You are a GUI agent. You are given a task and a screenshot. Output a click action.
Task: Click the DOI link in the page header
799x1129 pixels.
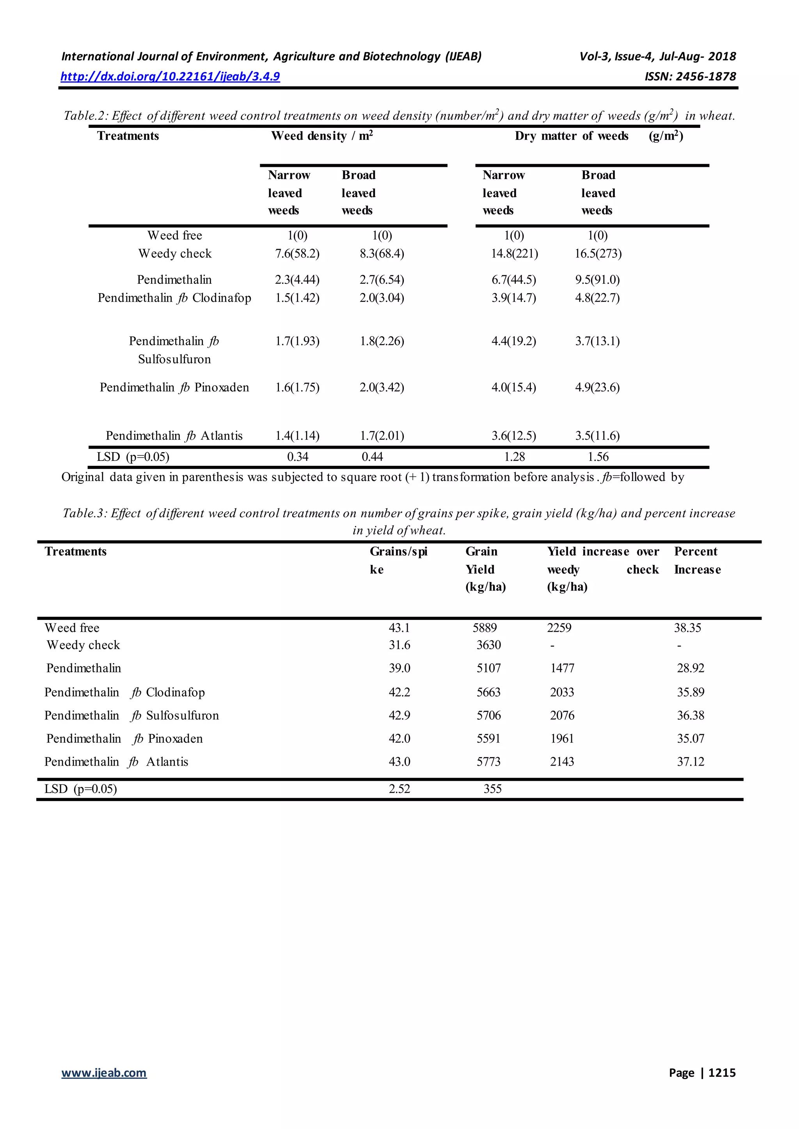pyautogui.click(x=170, y=77)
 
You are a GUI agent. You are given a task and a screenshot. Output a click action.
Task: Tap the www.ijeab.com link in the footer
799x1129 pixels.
pyautogui.click(x=104, y=1072)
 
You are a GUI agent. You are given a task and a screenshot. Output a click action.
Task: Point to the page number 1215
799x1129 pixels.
pyautogui.click(x=722, y=1072)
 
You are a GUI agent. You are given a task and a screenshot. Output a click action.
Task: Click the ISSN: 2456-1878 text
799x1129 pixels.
pyautogui.click(x=690, y=77)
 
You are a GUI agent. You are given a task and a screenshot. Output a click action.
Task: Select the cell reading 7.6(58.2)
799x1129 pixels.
pyautogui.click(x=297, y=254)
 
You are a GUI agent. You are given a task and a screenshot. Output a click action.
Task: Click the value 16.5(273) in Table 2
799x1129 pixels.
pyautogui.click(x=598, y=254)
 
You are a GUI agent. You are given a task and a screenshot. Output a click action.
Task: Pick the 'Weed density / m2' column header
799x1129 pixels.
pyautogui.click(x=322, y=136)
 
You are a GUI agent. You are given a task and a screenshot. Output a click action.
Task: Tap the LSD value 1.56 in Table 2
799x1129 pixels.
pyautogui.click(x=598, y=457)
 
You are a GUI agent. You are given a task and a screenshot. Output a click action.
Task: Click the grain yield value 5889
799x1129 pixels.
pyautogui.click(x=485, y=628)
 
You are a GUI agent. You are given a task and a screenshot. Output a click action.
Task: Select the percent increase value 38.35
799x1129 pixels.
pyautogui.click(x=687, y=628)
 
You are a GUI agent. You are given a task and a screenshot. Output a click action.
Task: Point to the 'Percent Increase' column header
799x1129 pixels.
pyautogui.click(x=697, y=561)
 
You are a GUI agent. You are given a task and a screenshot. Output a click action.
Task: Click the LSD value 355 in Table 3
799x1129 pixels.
pyautogui.click(x=492, y=789)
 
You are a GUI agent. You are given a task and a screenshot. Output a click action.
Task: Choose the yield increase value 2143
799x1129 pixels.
pyautogui.click(x=562, y=762)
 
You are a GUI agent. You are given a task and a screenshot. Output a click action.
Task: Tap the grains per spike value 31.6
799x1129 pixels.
pyautogui.click(x=399, y=645)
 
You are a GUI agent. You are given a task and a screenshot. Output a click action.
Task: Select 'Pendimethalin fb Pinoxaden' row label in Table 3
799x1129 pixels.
pyautogui.click(x=124, y=739)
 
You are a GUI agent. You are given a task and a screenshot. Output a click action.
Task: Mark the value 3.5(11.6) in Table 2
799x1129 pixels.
pyautogui.click(x=597, y=436)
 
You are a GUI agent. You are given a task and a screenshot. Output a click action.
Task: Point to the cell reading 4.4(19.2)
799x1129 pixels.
pyautogui.click(x=514, y=341)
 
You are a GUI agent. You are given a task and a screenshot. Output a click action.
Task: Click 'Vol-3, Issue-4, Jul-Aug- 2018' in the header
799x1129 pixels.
pyautogui.click(x=657, y=57)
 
